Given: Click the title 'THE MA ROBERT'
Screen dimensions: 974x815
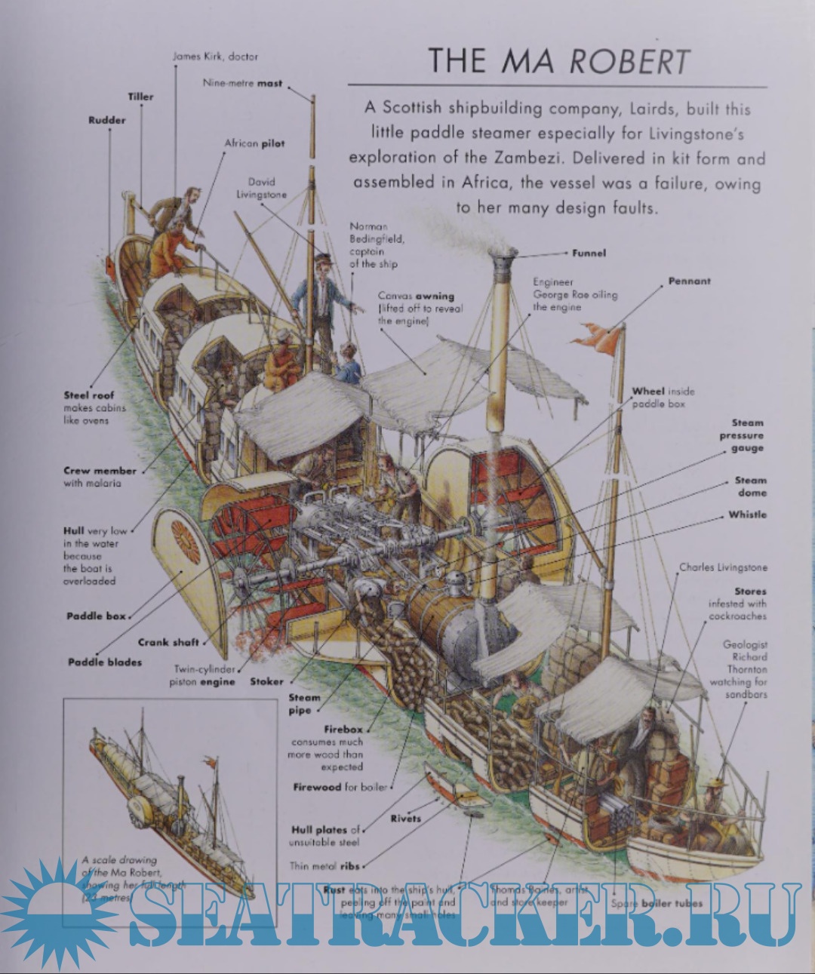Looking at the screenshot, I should (558, 60).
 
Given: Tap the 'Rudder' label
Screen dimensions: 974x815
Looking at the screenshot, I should (106, 120).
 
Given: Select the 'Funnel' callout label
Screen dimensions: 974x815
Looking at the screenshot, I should (589, 253).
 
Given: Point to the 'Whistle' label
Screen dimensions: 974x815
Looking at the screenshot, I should (747, 515).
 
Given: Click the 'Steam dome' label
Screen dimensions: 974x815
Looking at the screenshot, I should (750, 487).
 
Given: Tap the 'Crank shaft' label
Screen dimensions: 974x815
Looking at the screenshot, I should (168, 643).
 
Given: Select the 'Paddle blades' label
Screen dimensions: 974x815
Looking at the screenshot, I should (104, 662).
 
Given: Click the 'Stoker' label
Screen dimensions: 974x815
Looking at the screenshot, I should (266, 681).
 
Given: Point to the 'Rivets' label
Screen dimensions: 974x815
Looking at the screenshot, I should (405, 818).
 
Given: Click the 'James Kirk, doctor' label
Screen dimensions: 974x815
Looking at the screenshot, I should (215, 57).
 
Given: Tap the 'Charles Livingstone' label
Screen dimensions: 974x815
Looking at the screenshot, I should (722, 567).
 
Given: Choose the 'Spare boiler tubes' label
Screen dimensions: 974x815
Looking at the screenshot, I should (656, 903).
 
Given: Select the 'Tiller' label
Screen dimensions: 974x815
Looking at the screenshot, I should (140, 97).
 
